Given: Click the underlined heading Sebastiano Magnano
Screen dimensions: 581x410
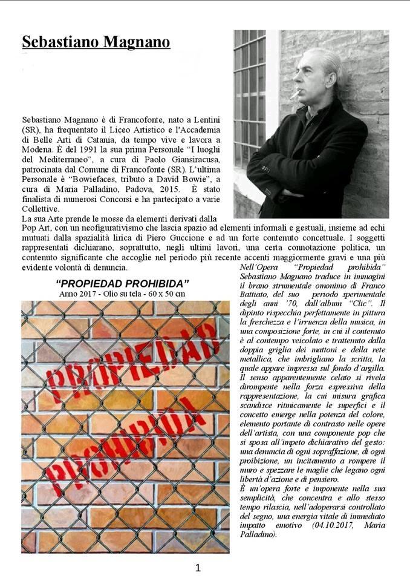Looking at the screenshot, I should pos(96,42).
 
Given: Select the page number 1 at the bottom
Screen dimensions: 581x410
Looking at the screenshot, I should pos(198,568).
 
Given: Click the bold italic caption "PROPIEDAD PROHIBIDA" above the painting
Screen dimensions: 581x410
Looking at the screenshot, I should pos(122,283).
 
